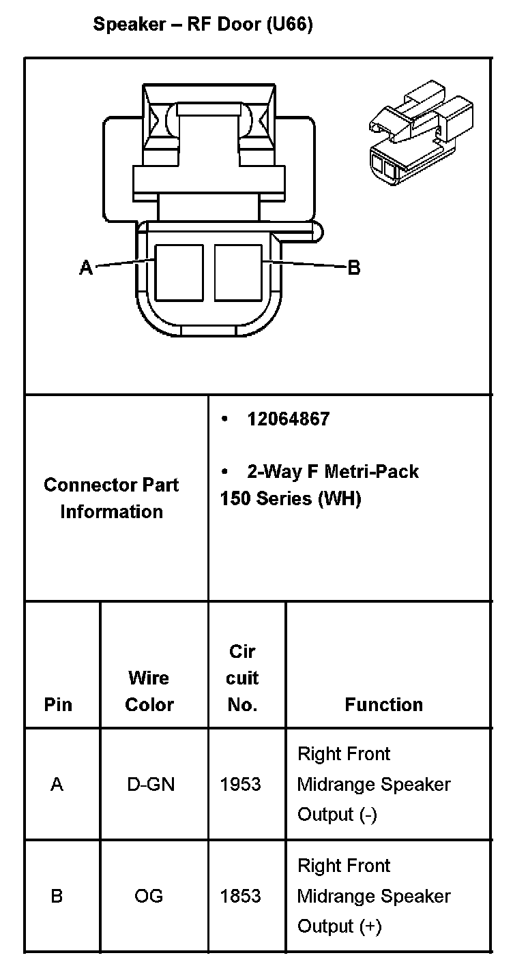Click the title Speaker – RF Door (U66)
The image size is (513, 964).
[x=203, y=26]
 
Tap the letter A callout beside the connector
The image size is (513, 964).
[x=86, y=268]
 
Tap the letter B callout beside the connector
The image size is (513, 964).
[x=354, y=267]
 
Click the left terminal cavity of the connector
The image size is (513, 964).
[x=179, y=273]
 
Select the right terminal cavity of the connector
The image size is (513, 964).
[x=238, y=273]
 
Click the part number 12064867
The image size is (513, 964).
[x=288, y=419]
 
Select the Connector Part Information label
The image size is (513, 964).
[x=111, y=498]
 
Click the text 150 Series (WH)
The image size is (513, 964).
[x=290, y=498]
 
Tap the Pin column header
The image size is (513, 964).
[x=58, y=704]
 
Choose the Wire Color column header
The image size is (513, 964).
[x=149, y=691]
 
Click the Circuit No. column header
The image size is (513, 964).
[x=242, y=678]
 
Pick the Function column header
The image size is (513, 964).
[x=383, y=704]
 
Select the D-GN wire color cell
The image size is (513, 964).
[x=151, y=785]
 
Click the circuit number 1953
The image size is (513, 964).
[x=240, y=785]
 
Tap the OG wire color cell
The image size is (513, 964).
[x=149, y=896]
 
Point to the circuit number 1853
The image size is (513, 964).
[x=240, y=896]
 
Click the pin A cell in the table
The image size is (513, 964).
[x=57, y=785]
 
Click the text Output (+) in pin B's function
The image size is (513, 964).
[x=339, y=926]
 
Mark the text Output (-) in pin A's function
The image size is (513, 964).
[x=337, y=815]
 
